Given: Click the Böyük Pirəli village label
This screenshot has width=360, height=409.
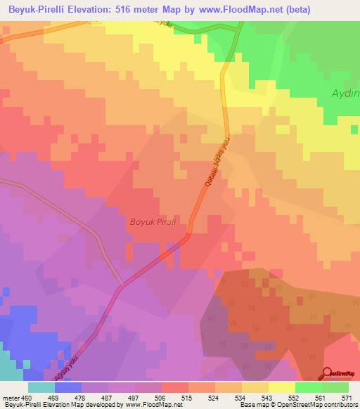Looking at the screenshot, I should (x=151, y=222).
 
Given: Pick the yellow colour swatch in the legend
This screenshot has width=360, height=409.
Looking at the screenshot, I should (x=281, y=387).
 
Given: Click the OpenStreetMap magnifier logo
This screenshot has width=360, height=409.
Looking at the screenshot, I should (x=327, y=374).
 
